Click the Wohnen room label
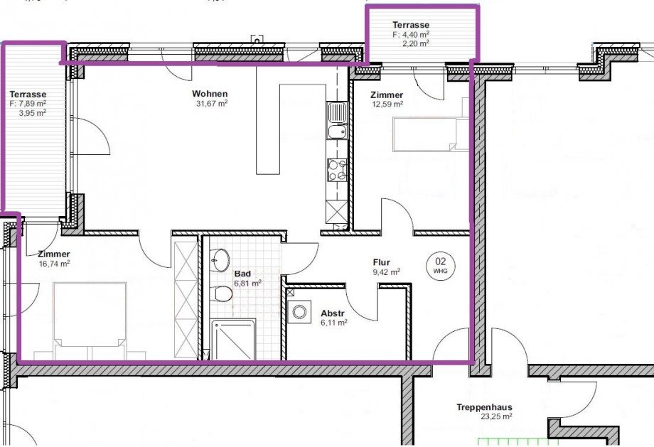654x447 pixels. point(210,93)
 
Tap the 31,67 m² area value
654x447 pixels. point(212,103)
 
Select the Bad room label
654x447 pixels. point(242,274)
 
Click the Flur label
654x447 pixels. point(382,262)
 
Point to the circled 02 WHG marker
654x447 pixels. point(441,265)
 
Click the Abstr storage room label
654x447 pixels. point(333,313)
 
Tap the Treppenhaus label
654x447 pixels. point(484,407)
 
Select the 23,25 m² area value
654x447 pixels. point(496,416)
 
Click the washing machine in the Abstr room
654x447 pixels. point(299,311)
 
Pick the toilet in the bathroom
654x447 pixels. point(222,293)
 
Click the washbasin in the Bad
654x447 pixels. point(220,259)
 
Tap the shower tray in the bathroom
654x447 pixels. point(232,340)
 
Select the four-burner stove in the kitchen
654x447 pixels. point(337,170)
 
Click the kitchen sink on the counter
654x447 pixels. point(337,121)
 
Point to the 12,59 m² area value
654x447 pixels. point(387,104)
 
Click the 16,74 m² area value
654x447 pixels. point(54,264)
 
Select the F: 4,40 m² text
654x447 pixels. point(411,34)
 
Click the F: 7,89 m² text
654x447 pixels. point(28,104)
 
